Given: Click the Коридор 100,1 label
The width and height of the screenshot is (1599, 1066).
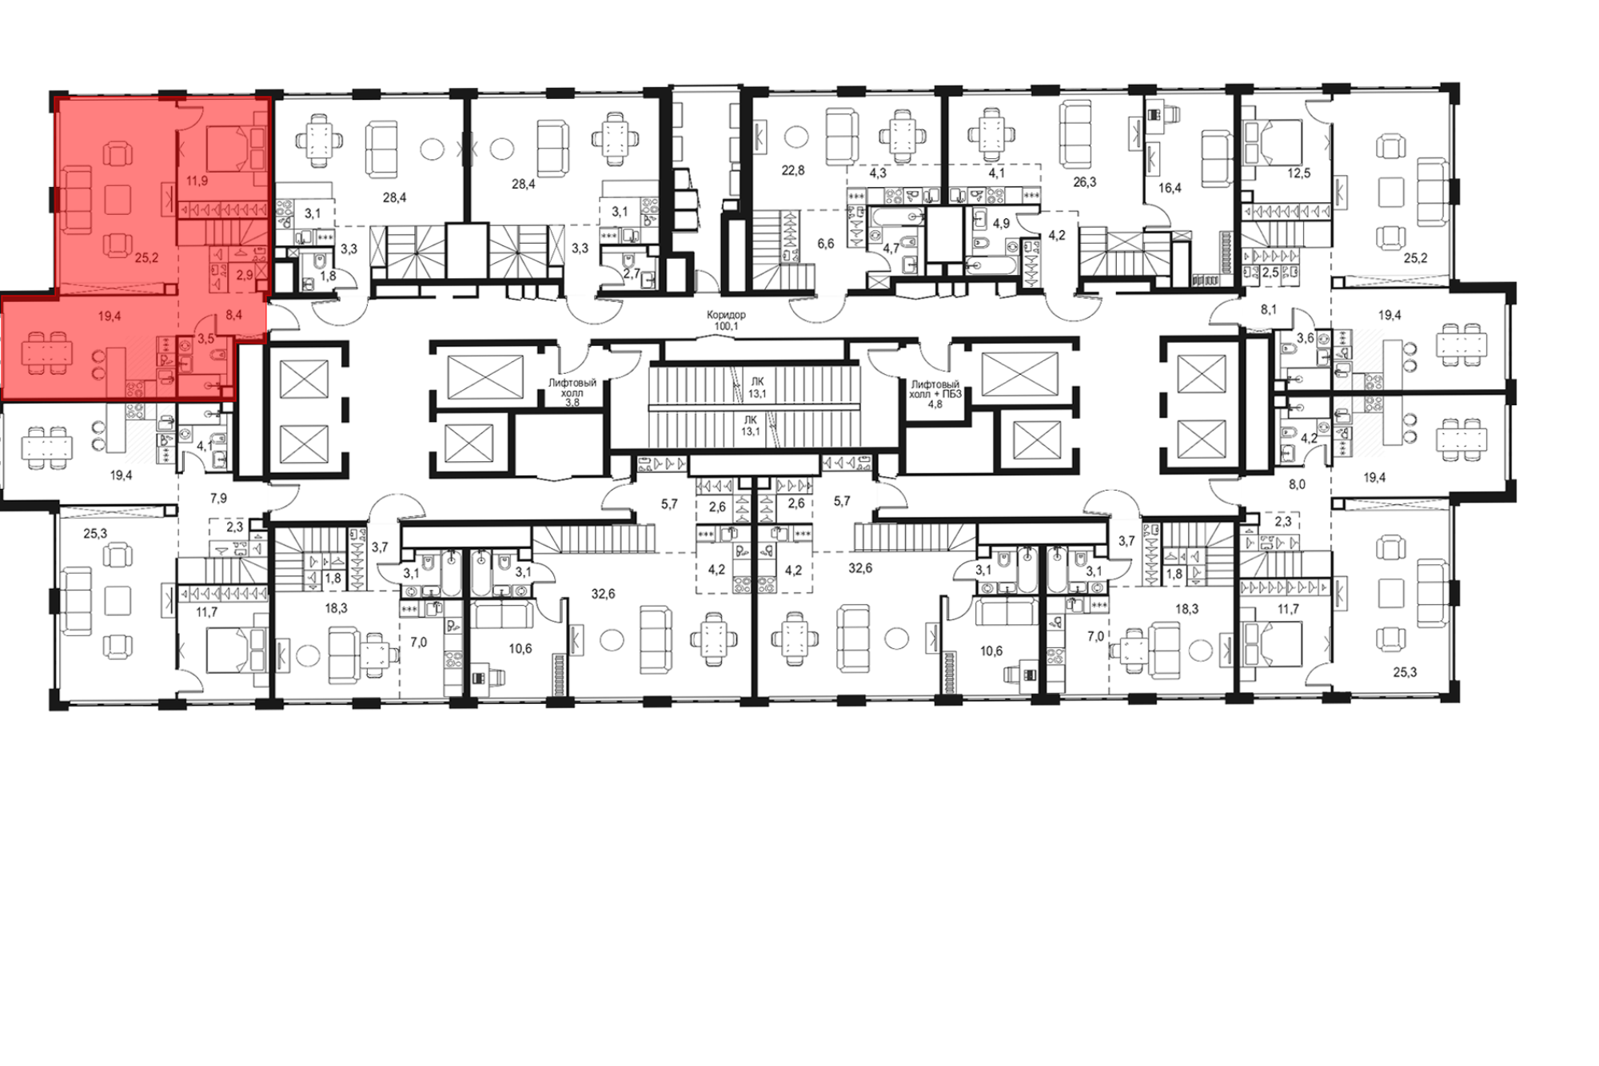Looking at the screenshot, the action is [727, 320].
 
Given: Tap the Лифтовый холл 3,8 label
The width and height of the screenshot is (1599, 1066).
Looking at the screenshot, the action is [572, 392].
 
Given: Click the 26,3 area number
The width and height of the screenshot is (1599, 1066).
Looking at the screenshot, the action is [1085, 182].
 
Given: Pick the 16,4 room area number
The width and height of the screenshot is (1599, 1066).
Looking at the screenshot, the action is [1170, 189].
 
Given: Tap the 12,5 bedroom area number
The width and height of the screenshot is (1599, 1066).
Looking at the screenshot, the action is [1299, 173].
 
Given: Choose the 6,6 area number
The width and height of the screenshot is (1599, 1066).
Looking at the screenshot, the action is [826, 244].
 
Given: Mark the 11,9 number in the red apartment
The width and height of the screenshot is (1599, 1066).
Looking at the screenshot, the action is [197, 181].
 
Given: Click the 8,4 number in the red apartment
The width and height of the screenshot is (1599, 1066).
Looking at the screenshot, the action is [233, 315].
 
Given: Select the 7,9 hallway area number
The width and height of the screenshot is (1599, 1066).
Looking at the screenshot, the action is [218, 499].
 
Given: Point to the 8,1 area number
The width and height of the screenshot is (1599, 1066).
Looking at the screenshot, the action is [1268, 309].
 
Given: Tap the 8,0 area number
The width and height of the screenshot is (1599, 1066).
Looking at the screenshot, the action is [1297, 483].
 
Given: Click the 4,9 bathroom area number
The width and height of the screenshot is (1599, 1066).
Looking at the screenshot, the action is [1001, 223].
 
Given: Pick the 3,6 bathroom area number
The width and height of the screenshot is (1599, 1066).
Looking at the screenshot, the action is [1305, 338].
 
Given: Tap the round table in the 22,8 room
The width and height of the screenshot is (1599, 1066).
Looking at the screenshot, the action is [795, 135].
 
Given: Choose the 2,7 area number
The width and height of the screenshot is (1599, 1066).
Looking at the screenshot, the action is [632, 274].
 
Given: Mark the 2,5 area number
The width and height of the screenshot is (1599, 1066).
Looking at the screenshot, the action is [1270, 272].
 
